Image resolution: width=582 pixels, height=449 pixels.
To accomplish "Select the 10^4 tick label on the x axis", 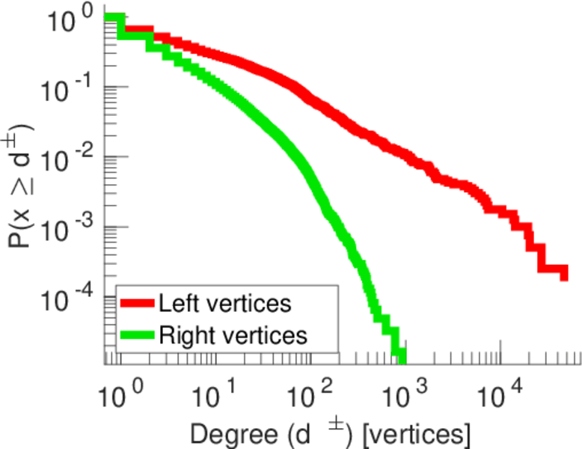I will coord(497,390).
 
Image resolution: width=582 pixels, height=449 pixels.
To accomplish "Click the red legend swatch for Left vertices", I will coord(137,304).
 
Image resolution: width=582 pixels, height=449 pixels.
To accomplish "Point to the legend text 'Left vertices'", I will coord(224,304).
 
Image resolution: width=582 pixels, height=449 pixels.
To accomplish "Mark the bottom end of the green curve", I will coord(402,357).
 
